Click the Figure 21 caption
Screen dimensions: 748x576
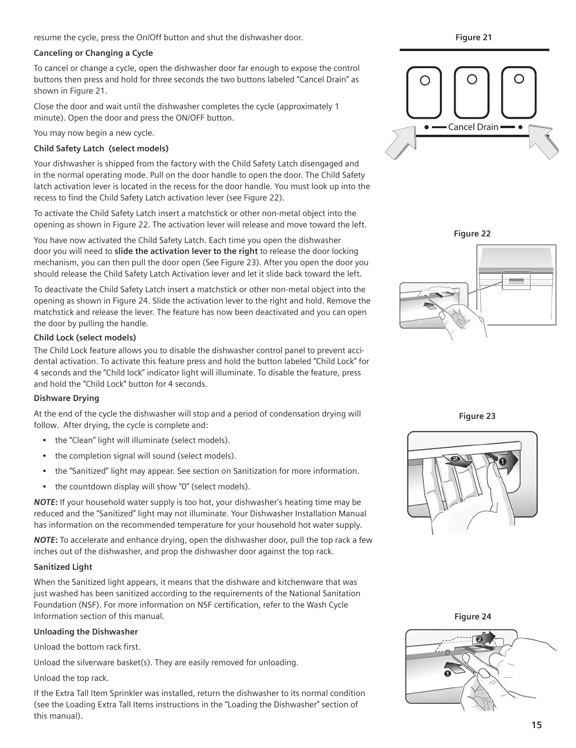click(x=473, y=37)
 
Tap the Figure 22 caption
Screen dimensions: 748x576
click(x=472, y=234)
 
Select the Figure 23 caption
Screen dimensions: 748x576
click(x=477, y=416)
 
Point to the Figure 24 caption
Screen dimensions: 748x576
click(x=473, y=617)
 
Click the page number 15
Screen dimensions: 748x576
click(x=536, y=725)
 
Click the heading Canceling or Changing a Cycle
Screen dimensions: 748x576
click(x=93, y=53)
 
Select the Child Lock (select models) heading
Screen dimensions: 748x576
click(x=85, y=338)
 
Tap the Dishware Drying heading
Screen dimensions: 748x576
click(x=67, y=398)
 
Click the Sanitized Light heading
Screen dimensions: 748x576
click(x=63, y=567)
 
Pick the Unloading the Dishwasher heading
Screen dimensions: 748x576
click(x=86, y=632)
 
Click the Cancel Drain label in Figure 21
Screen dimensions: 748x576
click(x=473, y=127)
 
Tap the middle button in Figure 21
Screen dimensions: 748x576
click(x=472, y=92)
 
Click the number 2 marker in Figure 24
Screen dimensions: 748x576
click(x=479, y=639)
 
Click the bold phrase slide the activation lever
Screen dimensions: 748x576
click(x=186, y=251)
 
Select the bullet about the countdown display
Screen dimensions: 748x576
click(x=152, y=487)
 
